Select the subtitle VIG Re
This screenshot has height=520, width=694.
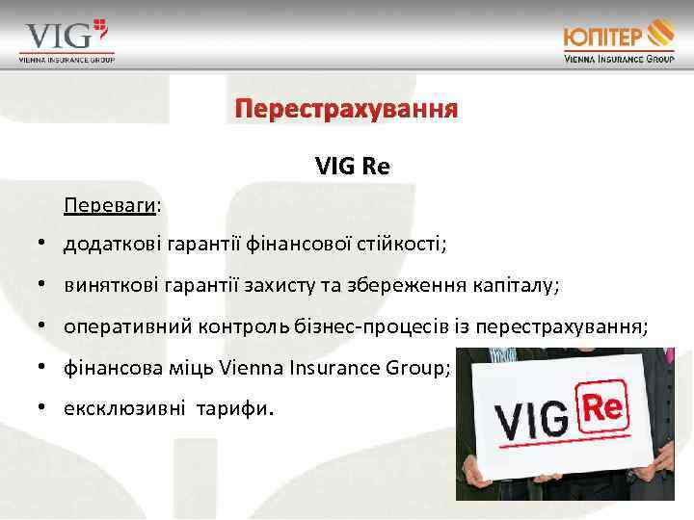352,166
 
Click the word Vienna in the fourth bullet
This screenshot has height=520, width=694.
251,368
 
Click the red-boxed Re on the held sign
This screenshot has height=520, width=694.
601,407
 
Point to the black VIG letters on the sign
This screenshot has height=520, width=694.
534,420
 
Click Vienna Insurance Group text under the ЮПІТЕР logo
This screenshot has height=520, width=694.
619,59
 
